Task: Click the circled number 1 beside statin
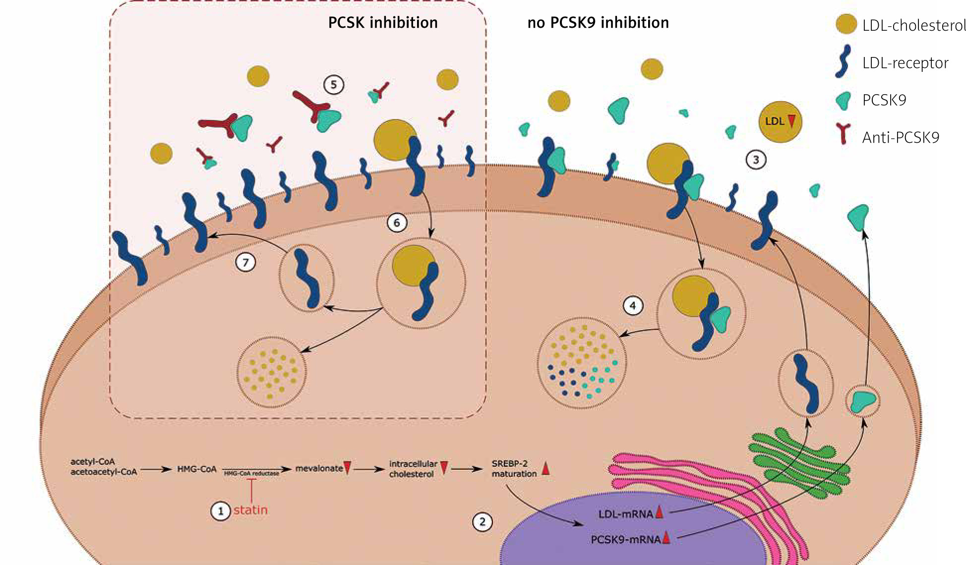click(221, 510)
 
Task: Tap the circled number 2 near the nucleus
click(482, 521)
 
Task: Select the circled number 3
click(756, 160)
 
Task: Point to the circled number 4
click(633, 306)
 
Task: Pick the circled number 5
click(334, 85)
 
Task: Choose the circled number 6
click(397, 223)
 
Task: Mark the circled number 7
click(245, 261)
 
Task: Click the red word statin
click(250, 510)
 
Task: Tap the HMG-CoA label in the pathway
click(197, 469)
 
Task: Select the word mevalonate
click(319, 468)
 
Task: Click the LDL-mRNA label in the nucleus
click(625, 514)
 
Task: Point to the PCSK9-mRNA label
click(625, 539)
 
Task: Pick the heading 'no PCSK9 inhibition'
click(598, 23)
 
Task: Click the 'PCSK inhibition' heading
click(383, 23)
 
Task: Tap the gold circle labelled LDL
click(780, 121)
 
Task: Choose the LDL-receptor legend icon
click(843, 62)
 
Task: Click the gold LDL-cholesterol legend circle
click(846, 24)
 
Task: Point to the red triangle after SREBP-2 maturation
click(545, 468)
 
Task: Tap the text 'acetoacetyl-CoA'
click(103, 472)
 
